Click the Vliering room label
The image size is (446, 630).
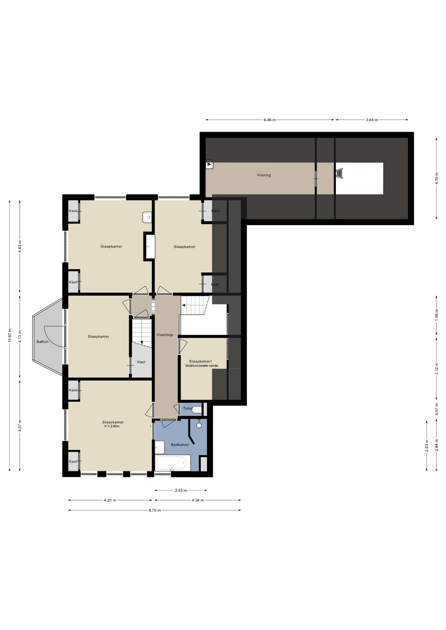(x=264, y=175)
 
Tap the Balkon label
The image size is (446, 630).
(x=42, y=342)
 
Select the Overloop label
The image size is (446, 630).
(x=165, y=335)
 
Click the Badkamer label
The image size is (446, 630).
(x=180, y=445)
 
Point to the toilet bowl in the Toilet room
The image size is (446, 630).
(x=197, y=410)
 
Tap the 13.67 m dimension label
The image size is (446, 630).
(x=10, y=335)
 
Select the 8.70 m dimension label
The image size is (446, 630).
(x=155, y=510)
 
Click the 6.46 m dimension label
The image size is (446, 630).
(x=270, y=120)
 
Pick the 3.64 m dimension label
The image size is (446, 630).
(x=372, y=120)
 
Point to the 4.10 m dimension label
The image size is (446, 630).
(x=436, y=178)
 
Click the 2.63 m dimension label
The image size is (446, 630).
(x=181, y=491)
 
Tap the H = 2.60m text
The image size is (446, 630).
(x=112, y=426)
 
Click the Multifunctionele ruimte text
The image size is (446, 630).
(x=202, y=366)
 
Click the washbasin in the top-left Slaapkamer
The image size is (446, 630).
(x=147, y=217)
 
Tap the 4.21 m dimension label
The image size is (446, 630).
(x=110, y=500)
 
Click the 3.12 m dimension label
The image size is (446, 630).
(x=436, y=368)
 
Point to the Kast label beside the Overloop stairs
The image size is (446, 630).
(x=141, y=362)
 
